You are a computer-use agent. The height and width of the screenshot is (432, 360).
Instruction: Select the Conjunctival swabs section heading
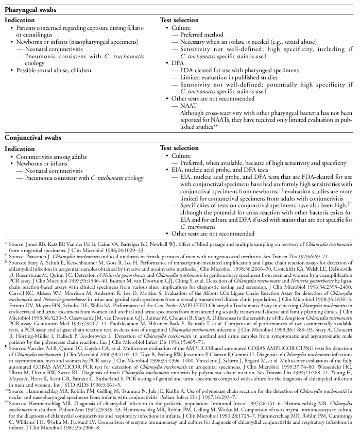36,138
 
